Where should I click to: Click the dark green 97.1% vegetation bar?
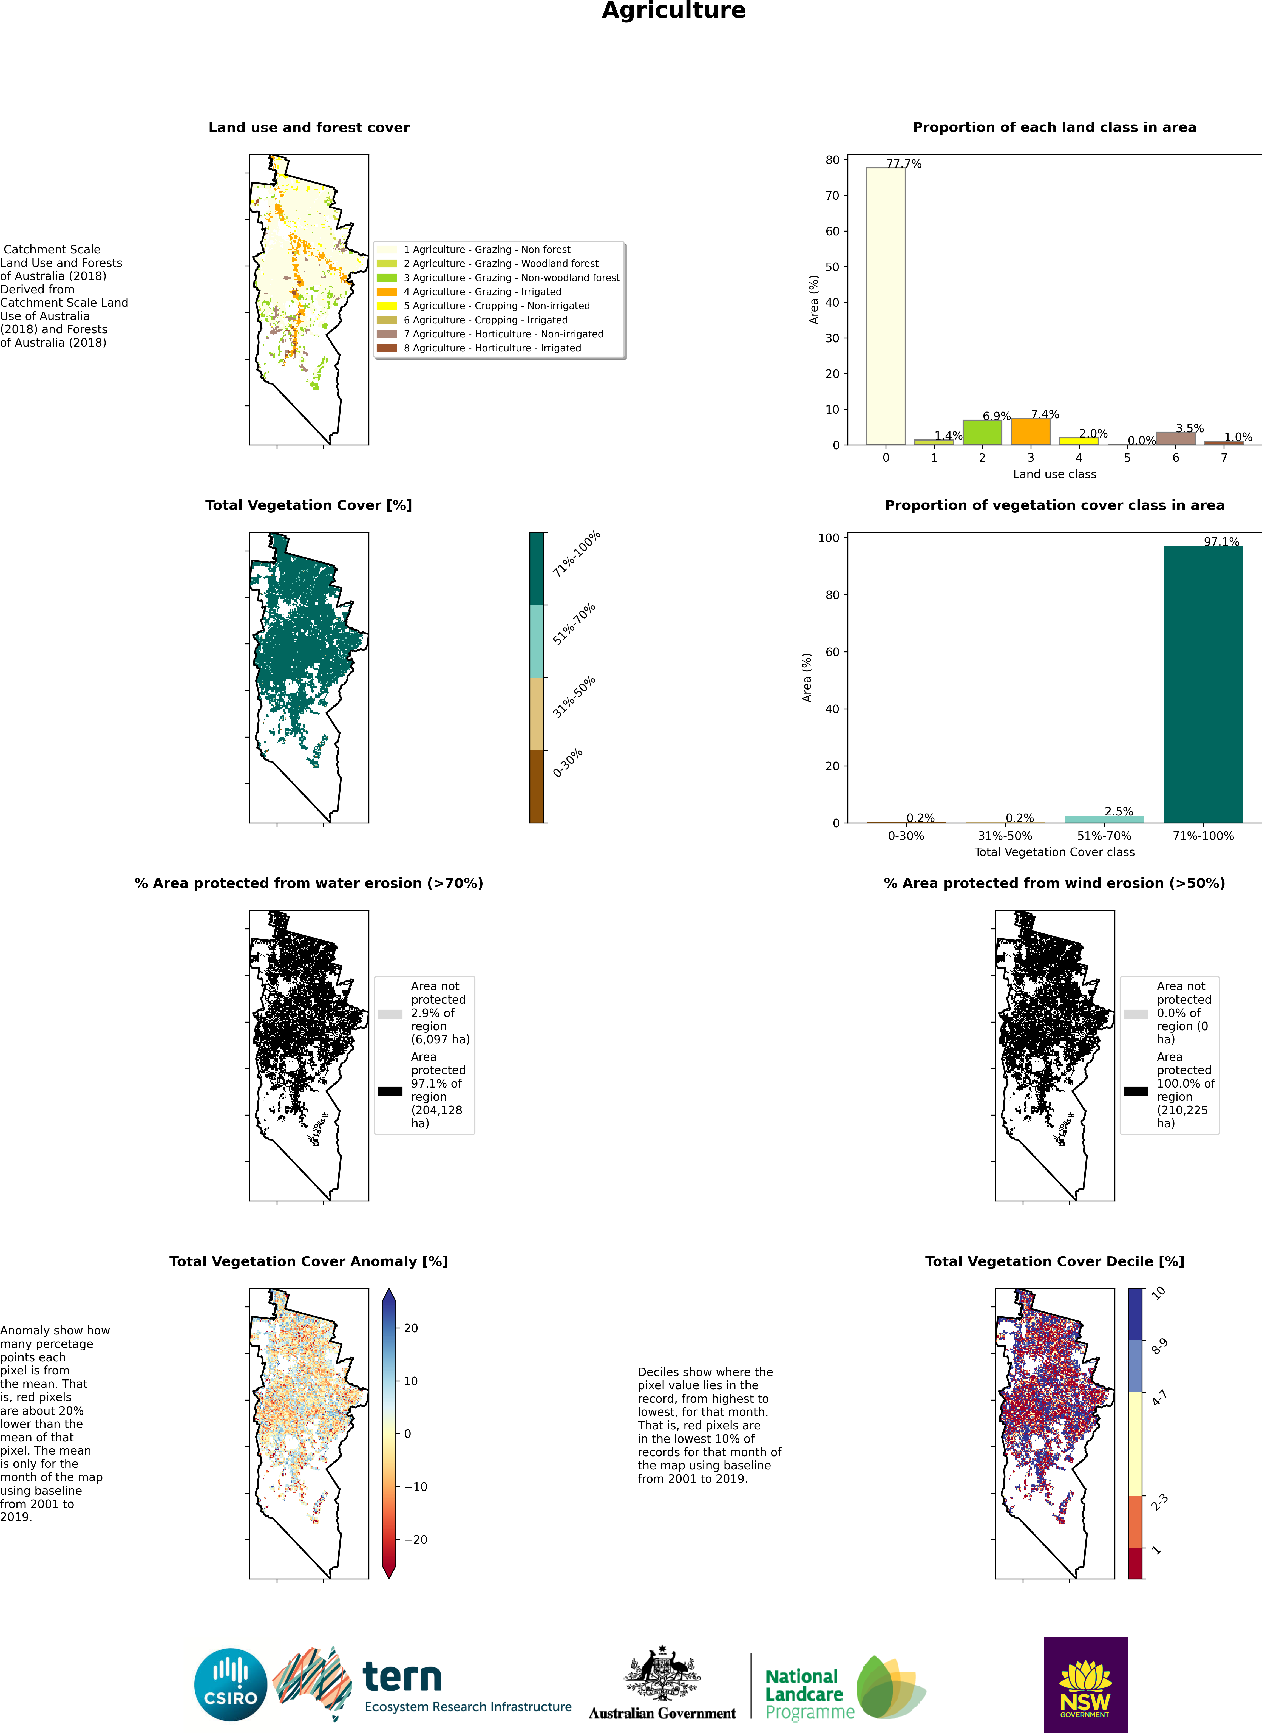click(x=1203, y=684)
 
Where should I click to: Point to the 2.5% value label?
click(x=1118, y=811)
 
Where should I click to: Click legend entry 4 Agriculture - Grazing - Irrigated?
click(x=482, y=292)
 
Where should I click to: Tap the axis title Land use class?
click(x=1054, y=474)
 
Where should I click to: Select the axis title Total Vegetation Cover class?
click(x=1054, y=852)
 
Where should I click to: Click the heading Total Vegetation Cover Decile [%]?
click(x=1054, y=1261)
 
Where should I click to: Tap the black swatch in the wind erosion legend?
click(x=1136, y=1091)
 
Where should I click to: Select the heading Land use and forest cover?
click(x=309, y=128)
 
